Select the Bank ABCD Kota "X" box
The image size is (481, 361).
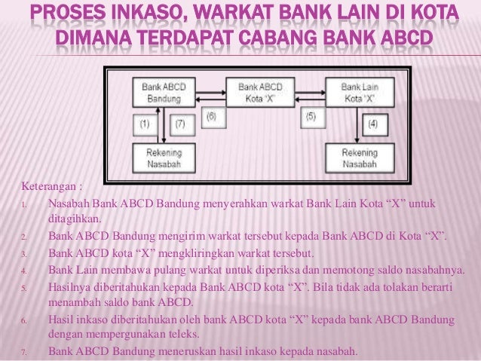coord(260,93)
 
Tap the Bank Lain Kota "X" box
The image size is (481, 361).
coord(360,93)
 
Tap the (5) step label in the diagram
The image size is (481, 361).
coord(310,116)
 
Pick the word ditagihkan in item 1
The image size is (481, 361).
coord(72,219)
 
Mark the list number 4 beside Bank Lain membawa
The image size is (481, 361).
coord(24,271)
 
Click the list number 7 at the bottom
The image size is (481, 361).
coord(24,352)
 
